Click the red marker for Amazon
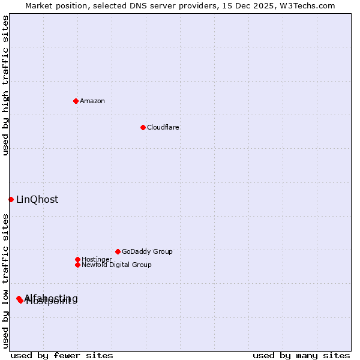76,101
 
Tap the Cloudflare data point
143,127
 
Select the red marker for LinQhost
11,199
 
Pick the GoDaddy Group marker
118,251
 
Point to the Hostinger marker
77,259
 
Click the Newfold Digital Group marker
77,265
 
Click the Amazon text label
92,101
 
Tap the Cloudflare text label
163,127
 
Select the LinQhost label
37,200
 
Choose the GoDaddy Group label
147,251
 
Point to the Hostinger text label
97,259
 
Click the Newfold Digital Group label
116,265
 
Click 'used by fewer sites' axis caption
62,355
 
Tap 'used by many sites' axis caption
301,355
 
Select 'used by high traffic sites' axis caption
5,85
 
